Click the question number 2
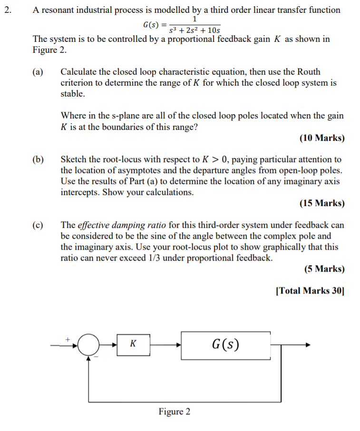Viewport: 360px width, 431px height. (x=7, y=10)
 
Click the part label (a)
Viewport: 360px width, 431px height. (x=38, y=72)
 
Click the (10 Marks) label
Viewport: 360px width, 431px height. (x=322, y=138)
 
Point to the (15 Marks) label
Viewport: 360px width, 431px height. (x=322, y=203)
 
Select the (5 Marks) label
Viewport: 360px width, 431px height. (x=324, y=269)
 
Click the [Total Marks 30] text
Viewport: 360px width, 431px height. (x=310, y=291)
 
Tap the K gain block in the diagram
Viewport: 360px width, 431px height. (x=134, y=344)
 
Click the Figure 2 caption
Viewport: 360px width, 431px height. (x=175, y=411)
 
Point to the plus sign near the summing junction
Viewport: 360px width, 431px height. (x=68, y=339)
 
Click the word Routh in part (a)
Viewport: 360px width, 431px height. (x=309, y=72)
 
